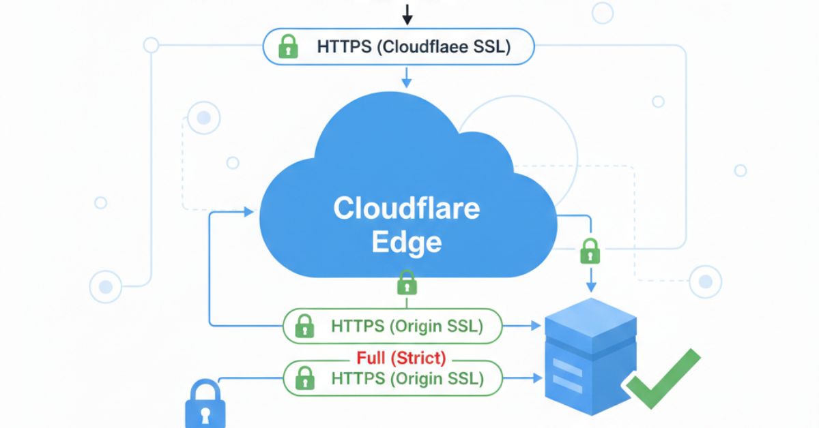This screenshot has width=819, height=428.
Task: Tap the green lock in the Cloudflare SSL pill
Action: (x=288, y=47)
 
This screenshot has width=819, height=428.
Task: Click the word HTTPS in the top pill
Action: (x=345, y=47)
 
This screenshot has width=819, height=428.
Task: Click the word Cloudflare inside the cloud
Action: (x=406, y=209)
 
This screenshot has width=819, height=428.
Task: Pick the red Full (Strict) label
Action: (x=401, y=357)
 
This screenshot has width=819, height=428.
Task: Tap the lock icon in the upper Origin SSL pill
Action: (x=304, y=327)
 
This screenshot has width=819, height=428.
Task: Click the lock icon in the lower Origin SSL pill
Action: (x=304, y=378)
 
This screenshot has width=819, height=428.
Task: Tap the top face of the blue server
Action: (x=591, y=317)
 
